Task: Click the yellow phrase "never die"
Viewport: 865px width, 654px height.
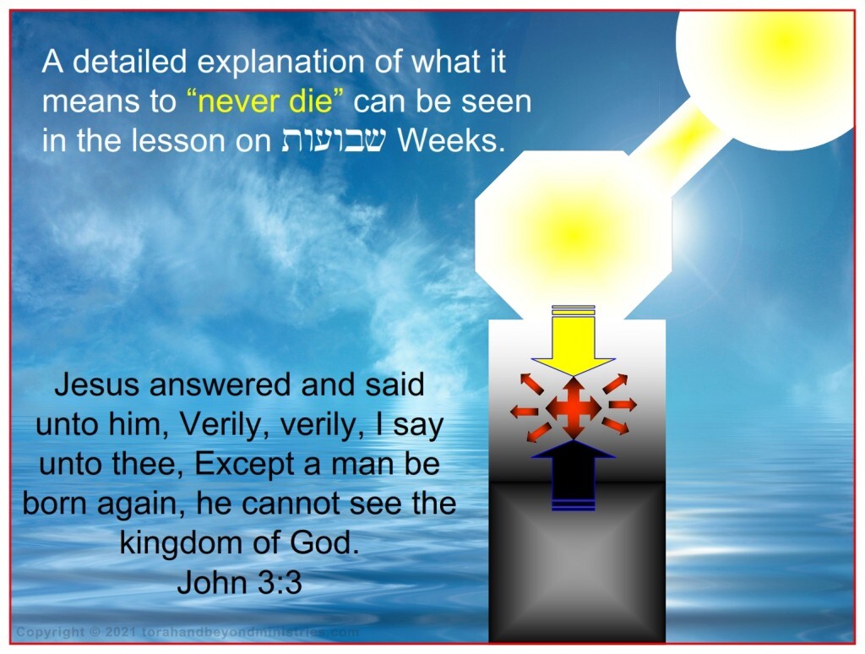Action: coord(264,101)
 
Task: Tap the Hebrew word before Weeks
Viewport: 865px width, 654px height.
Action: coord(334,141)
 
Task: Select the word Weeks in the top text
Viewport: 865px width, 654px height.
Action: coord(451,141)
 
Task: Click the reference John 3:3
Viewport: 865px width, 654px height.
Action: coord(240,582)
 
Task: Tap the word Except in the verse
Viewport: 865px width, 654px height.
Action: coord(241,465)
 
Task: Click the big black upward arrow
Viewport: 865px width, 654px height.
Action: coord(574,475)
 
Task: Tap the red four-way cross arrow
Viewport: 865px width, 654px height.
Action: coord(574,408)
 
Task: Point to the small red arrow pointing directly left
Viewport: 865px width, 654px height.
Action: coord(524,411)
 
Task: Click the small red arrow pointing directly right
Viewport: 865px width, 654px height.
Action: coord(623,405)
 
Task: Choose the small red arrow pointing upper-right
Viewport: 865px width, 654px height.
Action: coord(615,384)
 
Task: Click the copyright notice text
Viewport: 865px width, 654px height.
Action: coord(188,632)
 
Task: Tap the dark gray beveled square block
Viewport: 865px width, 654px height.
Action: coord(577,562)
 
